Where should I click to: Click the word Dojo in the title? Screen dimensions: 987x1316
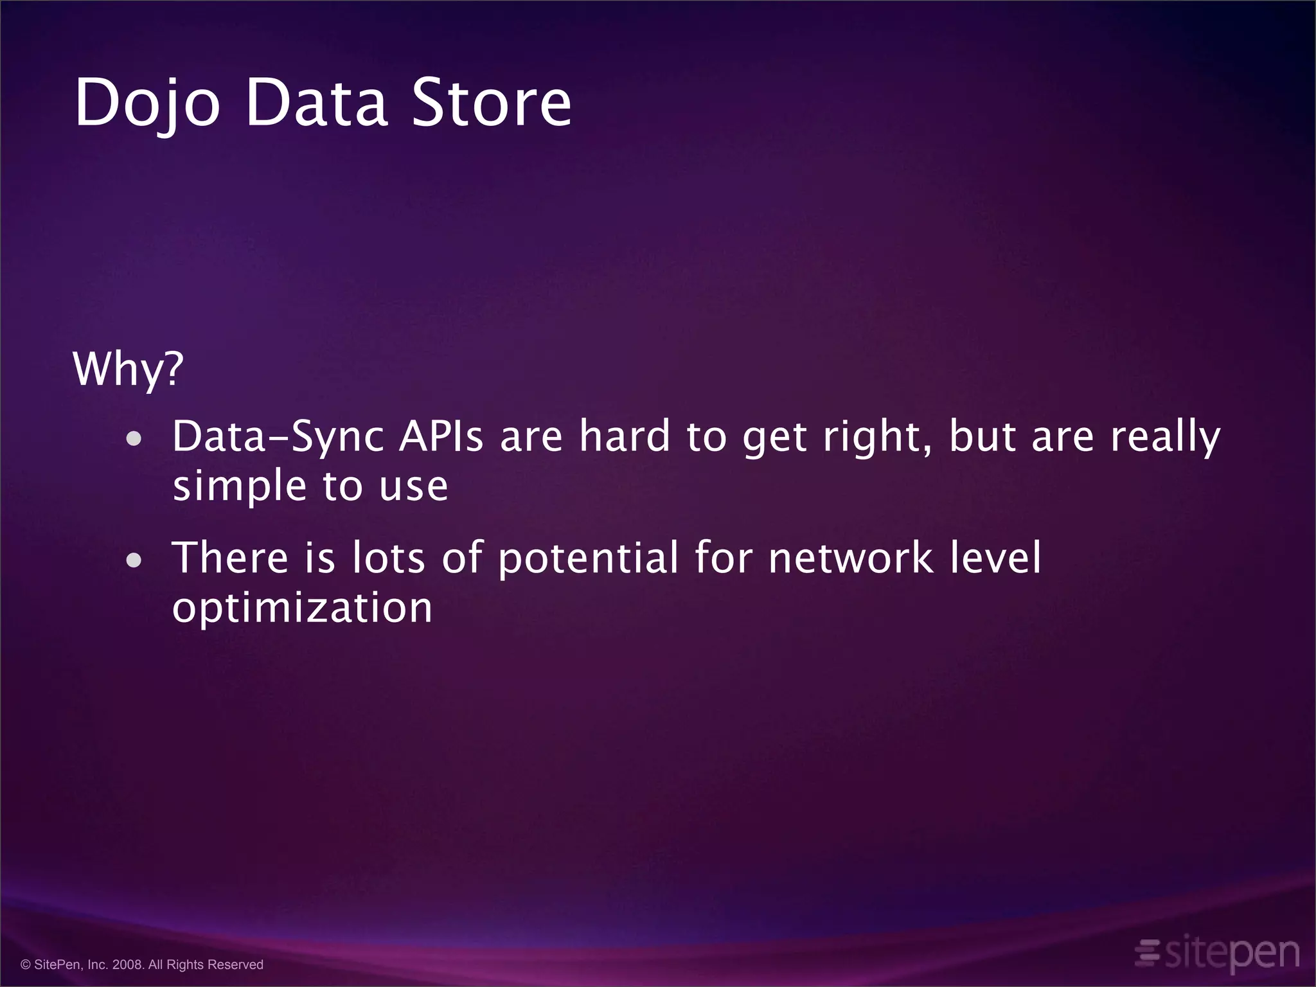(148, 103)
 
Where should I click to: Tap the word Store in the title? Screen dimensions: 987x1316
(491, 103)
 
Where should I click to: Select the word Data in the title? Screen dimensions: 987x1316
(316, 103)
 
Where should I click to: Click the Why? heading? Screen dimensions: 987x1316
(128, 369)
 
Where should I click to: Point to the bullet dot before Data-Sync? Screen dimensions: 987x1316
(134, 440)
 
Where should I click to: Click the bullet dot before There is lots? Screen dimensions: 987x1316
(134, 560)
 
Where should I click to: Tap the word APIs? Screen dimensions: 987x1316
(441, 437)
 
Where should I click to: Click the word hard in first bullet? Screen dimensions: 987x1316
(625, 437)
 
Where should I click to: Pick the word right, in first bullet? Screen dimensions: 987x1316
(878, 438)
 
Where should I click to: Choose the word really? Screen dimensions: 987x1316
(1165, 438)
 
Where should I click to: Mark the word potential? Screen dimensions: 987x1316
(588, 558)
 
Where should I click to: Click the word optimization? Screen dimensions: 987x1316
(302, 609)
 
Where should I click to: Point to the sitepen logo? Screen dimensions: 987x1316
(1217, 954)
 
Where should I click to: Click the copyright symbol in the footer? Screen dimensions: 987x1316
(26, 965)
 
